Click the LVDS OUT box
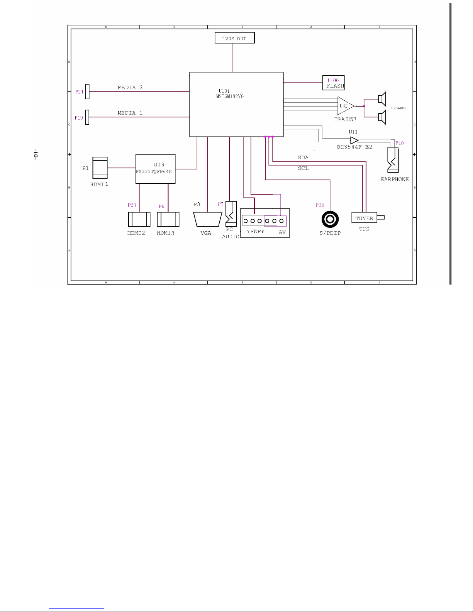(234, 38)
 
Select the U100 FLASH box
(333, 83)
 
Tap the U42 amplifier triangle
(345, 106)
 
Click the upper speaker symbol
(382, 99)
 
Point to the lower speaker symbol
(382, 117)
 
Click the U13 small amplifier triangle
(354, 141)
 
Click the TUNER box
(364, 218)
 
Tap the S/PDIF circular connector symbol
(330, 220)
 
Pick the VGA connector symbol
(207, 219)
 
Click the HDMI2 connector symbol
(139, 219)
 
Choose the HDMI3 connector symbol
(168, 219)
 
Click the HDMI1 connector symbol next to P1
(100, 168)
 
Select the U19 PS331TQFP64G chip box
(155, 169)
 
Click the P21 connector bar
(87, 92)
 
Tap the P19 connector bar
(87, 117)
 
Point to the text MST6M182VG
(230, 96)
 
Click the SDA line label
(303, 158)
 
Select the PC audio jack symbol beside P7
(231, 214)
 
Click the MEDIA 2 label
(130, 88)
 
